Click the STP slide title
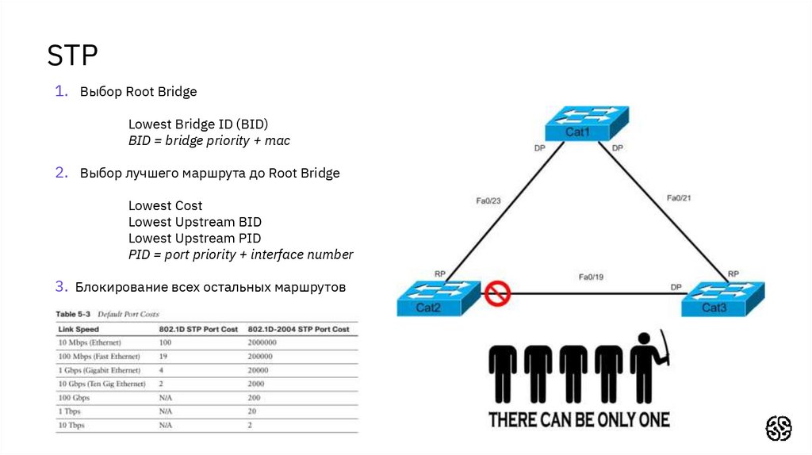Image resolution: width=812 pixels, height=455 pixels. (x=72, y=56)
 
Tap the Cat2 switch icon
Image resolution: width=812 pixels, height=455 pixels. (x=439, y=298)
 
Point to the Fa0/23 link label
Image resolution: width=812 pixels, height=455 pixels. (x=489, y=201)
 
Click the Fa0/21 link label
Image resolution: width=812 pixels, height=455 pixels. (x=680, y=197)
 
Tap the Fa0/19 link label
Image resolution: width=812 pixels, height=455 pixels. (x=592, y=277)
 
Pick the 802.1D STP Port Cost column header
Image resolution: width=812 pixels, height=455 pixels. (x=198, y=329)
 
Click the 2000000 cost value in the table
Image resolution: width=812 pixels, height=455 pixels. (x=262, y=342)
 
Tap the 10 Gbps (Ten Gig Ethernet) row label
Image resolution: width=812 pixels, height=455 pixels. (x=101, y=384)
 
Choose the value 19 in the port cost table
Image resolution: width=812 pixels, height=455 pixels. (x=164, y=357)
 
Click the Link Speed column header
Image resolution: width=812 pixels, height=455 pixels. (x=79, y=329)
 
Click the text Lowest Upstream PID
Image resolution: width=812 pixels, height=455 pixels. (x=194, y=238)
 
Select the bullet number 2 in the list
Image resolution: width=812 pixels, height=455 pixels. (x=61, y=173)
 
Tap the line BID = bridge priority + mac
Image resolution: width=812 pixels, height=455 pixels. (x=209, y=140)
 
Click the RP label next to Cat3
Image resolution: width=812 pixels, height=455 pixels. (x=733, y=273)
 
